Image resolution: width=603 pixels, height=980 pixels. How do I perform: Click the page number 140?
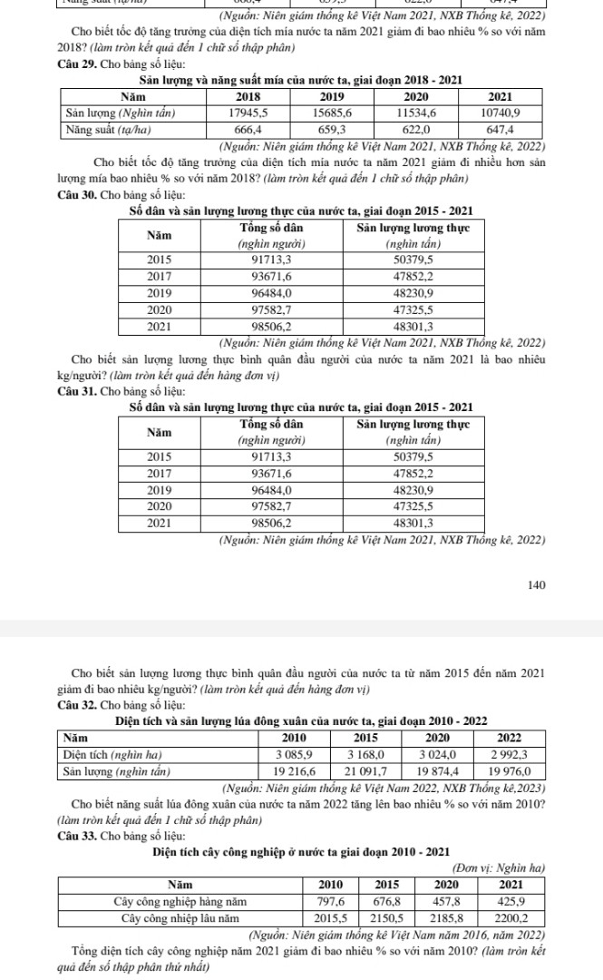click(x=536, y=585)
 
